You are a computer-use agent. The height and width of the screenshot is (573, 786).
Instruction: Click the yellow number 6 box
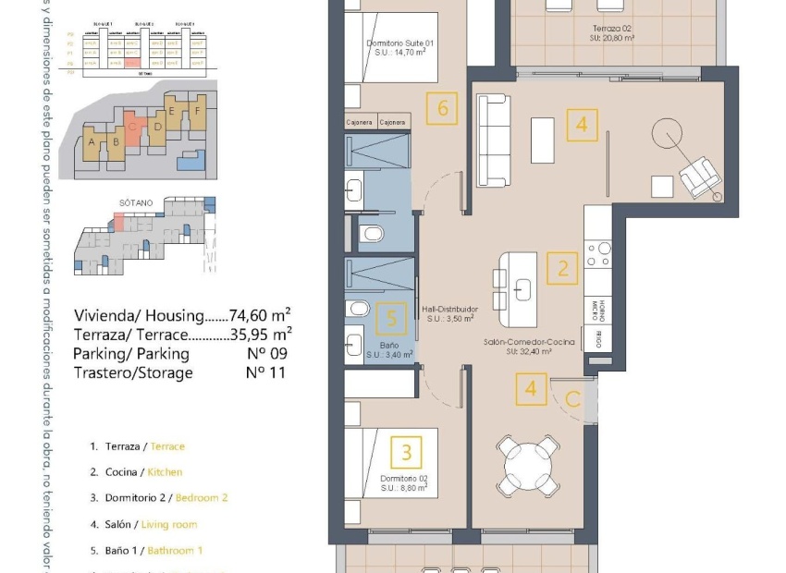[443, 109]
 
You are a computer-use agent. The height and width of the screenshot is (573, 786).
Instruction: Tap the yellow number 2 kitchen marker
[562, 269]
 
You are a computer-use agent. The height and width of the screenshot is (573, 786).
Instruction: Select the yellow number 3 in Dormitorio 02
[407, 454]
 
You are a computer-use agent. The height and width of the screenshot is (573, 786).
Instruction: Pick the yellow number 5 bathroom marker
[392, 320]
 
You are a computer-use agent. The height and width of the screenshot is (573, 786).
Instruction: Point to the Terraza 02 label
[613, 33]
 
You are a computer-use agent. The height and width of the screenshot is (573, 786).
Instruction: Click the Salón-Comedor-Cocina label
[529, 347]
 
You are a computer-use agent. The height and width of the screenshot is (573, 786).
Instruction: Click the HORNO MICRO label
[598, 309]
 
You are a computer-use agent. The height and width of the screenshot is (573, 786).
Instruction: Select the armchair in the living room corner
[702, 177]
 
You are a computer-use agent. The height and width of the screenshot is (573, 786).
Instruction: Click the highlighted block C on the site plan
[134, 130]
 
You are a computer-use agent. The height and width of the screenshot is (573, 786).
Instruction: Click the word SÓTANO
[134, 201]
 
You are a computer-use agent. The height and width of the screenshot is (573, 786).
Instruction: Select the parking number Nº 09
[266, 353]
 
